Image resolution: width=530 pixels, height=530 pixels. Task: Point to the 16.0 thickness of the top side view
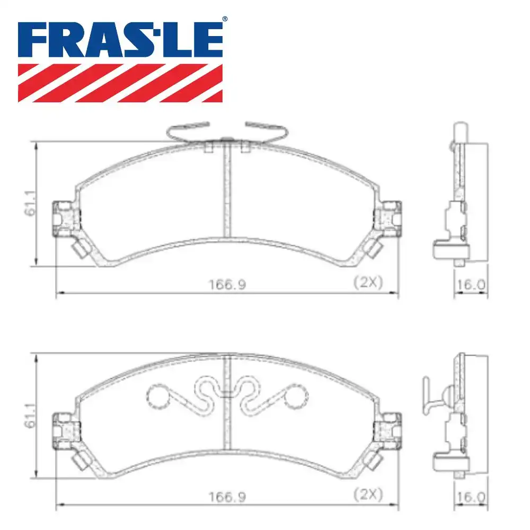point(471,285)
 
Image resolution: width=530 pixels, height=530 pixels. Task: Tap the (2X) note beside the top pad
point(368,282)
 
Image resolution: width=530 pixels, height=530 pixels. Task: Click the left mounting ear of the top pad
point(65,218)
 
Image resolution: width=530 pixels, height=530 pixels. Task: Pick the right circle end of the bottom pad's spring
point(296,395)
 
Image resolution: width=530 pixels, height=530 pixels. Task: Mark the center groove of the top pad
point(227,191)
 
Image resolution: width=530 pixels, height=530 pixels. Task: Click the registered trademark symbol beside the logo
point(224,19)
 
